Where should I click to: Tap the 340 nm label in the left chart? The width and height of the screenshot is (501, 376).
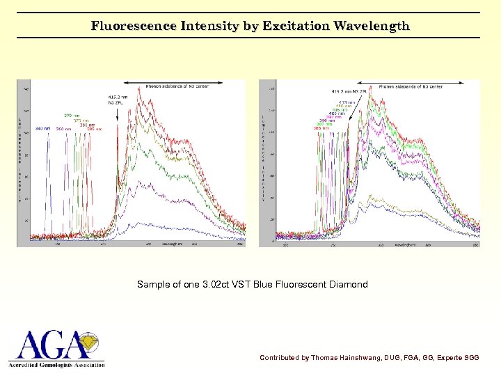point(42,129)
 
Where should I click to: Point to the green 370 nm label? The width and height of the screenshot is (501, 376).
point(72,115)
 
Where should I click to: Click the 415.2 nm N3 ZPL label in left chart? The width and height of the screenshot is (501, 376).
point(117,99)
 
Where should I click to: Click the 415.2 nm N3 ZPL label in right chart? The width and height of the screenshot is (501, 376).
point(349,91)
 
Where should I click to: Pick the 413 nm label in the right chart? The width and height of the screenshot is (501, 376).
point(347,102)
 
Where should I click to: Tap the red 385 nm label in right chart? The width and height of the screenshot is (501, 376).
point(321,128)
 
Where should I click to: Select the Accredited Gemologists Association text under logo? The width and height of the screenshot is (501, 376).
point(56,364)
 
